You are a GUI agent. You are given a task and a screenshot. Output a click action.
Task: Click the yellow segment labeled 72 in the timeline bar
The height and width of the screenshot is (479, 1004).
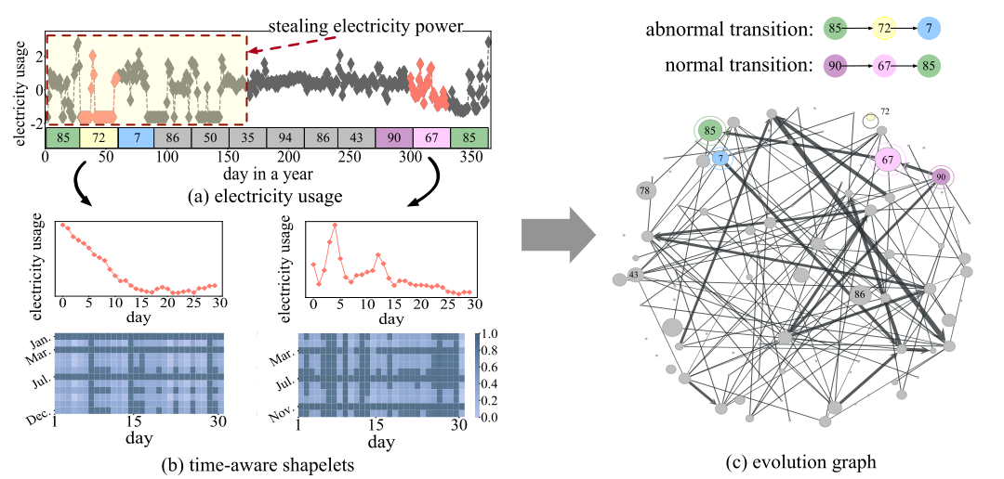click(99, 137)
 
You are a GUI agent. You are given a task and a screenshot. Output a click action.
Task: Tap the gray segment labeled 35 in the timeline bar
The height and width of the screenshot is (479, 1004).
click(247, 137)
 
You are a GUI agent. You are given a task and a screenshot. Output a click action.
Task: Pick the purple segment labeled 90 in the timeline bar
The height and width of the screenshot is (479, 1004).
click(394, 137)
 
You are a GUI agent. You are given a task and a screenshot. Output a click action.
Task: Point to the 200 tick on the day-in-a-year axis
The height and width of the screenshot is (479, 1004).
click(289, 158)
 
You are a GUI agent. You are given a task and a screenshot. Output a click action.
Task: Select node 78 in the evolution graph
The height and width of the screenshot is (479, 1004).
click(644, 191)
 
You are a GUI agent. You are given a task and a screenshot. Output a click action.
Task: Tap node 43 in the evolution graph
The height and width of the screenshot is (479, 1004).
click(634, 275)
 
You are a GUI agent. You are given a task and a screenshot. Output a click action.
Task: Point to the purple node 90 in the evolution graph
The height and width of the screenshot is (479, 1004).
click(942, 176)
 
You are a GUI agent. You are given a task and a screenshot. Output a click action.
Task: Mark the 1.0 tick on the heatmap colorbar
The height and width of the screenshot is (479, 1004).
click(491, 333)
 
